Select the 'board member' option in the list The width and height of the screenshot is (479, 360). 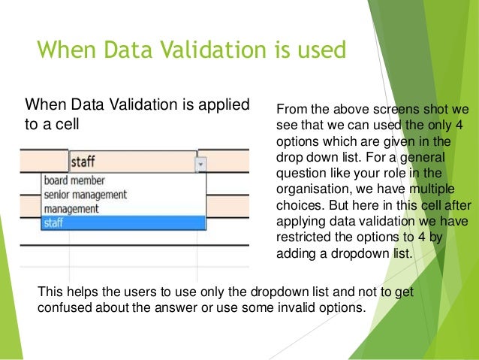[74, 180]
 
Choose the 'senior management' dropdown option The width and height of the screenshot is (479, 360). [84, 195]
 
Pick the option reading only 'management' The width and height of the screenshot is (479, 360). [71, 208]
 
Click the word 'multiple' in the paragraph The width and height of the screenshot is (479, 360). [433, 189]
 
